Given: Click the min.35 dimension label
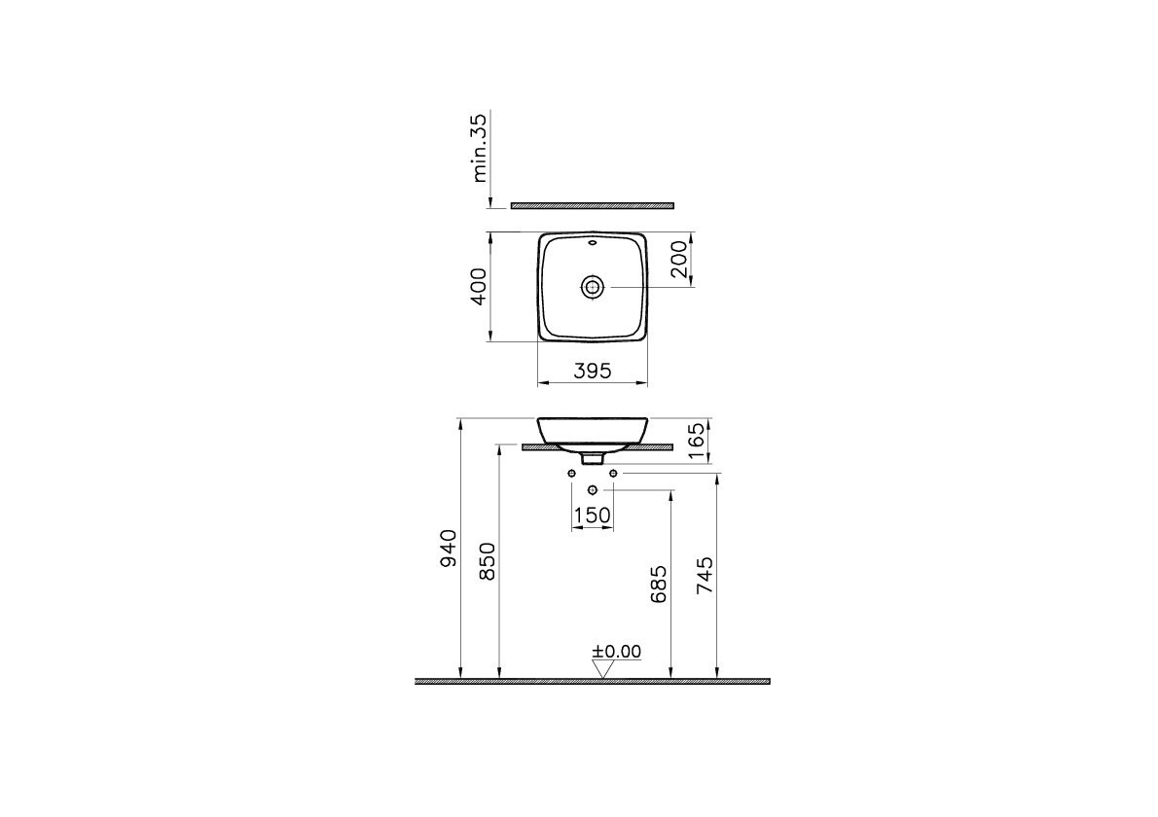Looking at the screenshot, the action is [x=479, y=148].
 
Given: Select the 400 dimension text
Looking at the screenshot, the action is [x=479, y=286].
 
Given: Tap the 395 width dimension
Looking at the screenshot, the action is [x=593, y=371].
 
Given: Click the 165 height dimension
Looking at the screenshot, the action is [x=696, y=442].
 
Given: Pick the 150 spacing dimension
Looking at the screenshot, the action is [x=593, y=515].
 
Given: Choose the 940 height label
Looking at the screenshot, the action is [x=449, y=549].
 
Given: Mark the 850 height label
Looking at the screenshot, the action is [x=488, y=561].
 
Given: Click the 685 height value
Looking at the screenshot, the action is [x=659, y=584].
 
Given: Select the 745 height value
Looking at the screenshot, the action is [x=705, y=576].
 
